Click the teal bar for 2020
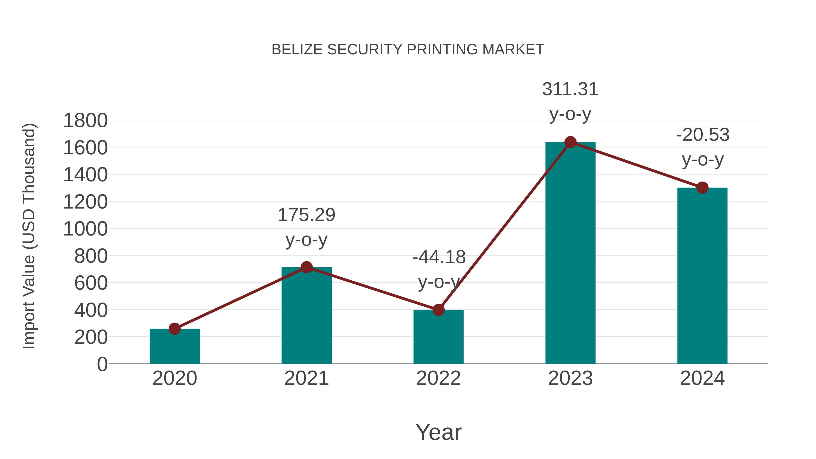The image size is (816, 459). [x=175, y=347]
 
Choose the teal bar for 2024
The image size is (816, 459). [x=702, y=276]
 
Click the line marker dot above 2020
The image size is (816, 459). [x=175, y=329]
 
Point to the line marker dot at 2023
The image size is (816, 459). [x=570, y=142]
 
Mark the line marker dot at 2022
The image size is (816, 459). [x=438, y=310]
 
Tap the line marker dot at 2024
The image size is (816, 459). [x=702, y=187]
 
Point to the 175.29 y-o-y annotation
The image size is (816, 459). [x=306, y=227]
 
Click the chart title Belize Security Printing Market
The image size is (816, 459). [x=408, y=50]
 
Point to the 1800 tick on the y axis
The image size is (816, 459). [x=85, y=121]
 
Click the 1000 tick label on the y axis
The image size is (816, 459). [x=85, y=229]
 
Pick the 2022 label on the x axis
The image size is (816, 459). [x=438, y=378]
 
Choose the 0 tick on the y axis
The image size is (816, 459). [x=102, y=364]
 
